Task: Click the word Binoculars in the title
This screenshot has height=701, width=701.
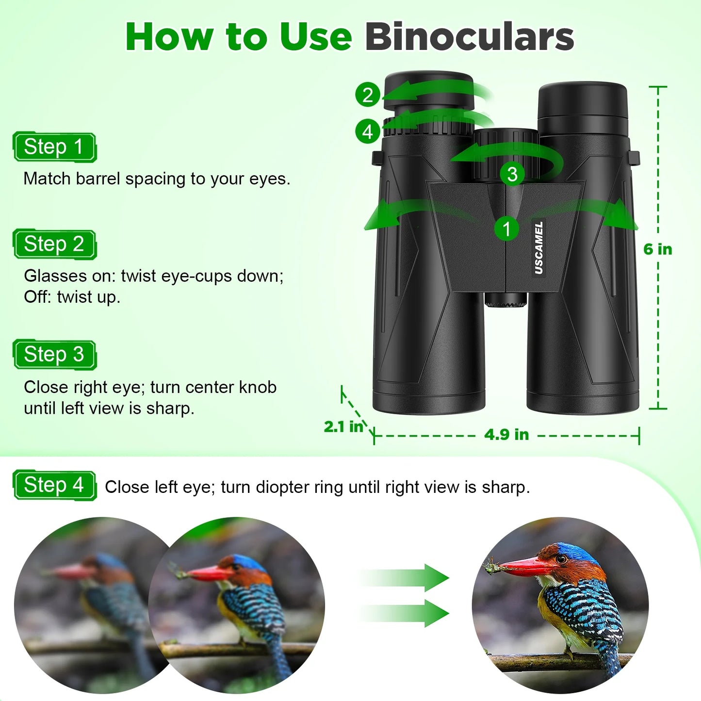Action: [x=469, y=37]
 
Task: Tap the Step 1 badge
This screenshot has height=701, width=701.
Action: [x=54, y=147]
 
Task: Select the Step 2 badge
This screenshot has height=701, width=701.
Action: [x=54, y=244]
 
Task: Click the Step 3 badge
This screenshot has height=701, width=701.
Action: [x=54, y=355]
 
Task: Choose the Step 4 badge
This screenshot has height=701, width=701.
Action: [x=54, y=485]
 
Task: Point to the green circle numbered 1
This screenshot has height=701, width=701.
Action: [x=506, y=229]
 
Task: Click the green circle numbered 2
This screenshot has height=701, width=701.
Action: [x=368, y=95]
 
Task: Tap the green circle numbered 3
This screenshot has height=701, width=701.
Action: [x=512, y=174]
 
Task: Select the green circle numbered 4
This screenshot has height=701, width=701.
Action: [x=368, y=131]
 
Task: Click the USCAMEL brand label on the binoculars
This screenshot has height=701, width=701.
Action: [x=538, y=247]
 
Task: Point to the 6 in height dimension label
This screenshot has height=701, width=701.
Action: [x=658, y=249]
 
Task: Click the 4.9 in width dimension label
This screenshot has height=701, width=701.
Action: [x=506, y=434]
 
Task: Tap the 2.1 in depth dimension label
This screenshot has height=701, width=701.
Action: [x=344, y=427]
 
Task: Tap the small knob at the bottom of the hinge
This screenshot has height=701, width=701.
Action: [x=505, y=300]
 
